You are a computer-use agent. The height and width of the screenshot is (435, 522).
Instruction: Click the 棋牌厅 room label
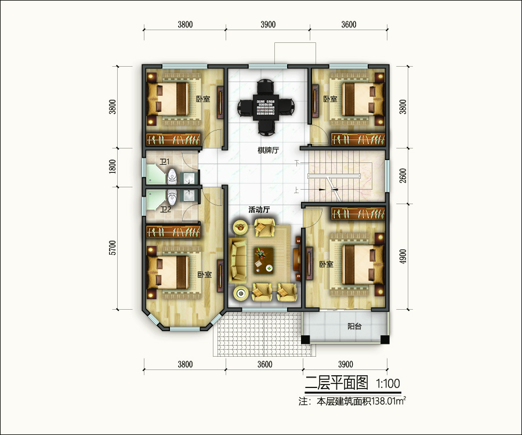(268, 150)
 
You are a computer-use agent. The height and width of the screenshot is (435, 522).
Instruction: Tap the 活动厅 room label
(259, 210)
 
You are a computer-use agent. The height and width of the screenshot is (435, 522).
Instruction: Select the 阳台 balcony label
(354, 326)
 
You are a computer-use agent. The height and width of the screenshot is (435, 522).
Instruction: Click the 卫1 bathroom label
(165, 162)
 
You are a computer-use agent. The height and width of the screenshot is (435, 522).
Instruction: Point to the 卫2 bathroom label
(165, 209)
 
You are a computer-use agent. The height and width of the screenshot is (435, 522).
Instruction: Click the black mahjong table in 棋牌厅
(266, 107)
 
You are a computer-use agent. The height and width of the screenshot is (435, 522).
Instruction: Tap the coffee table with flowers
(264, 260)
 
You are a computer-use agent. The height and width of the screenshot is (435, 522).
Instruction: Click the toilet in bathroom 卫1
(172, 176)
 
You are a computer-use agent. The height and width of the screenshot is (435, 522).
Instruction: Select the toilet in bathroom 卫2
(172, 197)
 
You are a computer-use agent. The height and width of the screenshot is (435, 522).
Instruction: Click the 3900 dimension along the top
(268, 24)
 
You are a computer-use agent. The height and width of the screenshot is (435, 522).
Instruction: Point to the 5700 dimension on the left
(113, 248)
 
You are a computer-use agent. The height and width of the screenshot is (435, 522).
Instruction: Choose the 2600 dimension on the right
(403, 175)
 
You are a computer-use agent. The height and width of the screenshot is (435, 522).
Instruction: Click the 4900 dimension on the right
(403, 256)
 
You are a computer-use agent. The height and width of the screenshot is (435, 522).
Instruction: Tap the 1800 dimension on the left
(113, 166)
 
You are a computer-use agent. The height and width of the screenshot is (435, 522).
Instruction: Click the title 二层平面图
(336, 383)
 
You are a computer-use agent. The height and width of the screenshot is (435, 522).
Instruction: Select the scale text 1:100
(388, 384)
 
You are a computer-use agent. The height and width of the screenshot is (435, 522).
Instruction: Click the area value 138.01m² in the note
(389, 401)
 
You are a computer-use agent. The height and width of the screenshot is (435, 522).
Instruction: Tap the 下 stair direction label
(297, 163)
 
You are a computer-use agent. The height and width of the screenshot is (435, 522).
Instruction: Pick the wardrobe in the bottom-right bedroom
(358, 213)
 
